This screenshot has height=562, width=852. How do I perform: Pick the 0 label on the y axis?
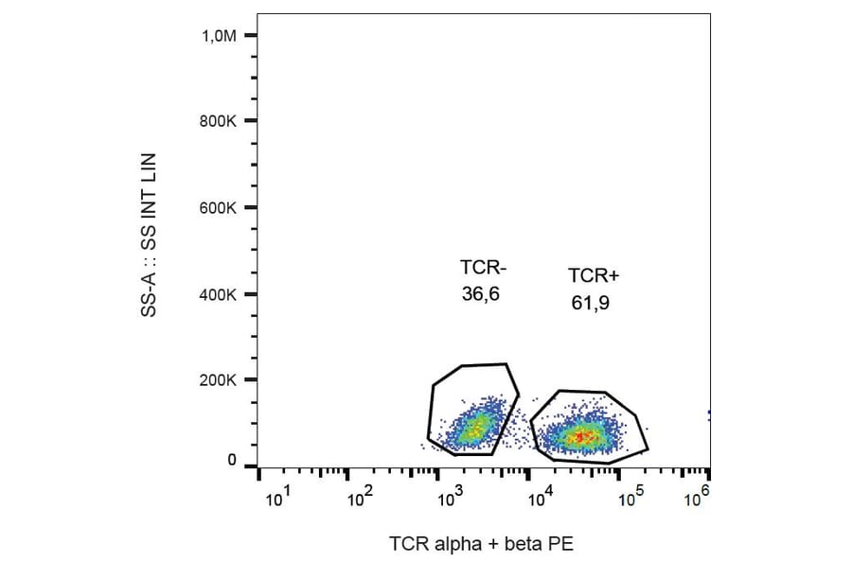tap(232, 461)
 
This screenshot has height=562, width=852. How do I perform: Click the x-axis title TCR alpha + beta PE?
tap(481, 543)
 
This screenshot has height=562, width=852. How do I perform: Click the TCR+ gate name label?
tap(594, 275)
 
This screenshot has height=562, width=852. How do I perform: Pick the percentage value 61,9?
tap(590, 302)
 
